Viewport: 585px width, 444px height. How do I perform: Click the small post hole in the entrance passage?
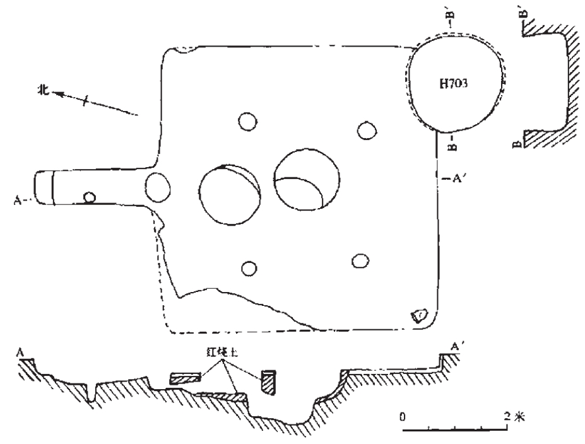[90, 198]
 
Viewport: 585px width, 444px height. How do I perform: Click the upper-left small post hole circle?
[247, 121]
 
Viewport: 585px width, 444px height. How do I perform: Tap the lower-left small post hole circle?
[250, 268]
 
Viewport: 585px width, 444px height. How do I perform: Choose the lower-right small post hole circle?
[360, 260]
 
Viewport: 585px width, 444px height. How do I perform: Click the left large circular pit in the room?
[229, 194]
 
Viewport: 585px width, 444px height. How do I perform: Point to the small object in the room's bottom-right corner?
[418, 315]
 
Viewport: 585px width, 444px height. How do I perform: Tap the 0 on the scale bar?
[402, 417]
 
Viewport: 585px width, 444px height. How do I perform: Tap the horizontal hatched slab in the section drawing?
[186, 378]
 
